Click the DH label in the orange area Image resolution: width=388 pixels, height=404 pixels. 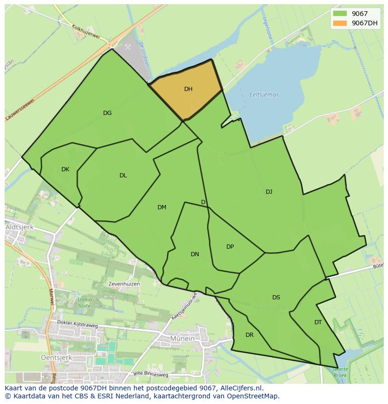pyautogui.click(x=188, y=89)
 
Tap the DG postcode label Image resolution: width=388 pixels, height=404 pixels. pyautogui.click(x=107, y=113)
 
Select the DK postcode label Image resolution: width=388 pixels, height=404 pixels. pyautogui.click(x=65, y=169)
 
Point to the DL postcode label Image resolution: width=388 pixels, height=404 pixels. pyautogui.click(x=123, y=175)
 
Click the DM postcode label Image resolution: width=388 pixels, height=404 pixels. pyautogui.click(x=162, y=207)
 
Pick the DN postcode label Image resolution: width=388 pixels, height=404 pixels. pyautogui.click(x=195, y=254)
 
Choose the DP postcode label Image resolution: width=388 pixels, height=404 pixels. pyautogui.click(x=230, y=247)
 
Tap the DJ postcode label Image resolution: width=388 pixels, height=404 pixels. pyautogui.click(x=269, y=192)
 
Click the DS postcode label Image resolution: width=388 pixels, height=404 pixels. pyautogui.click(x=276, y=297)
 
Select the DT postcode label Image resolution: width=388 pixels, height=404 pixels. pyautogui.click(x=318, y=322)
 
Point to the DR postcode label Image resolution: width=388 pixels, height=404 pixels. pyautogui.click(x=249, y=335)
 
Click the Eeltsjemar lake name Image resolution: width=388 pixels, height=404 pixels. pyautogui.click(x=264, y=95)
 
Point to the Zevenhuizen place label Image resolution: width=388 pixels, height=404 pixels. pyautogui.click(x=124, y=284)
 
